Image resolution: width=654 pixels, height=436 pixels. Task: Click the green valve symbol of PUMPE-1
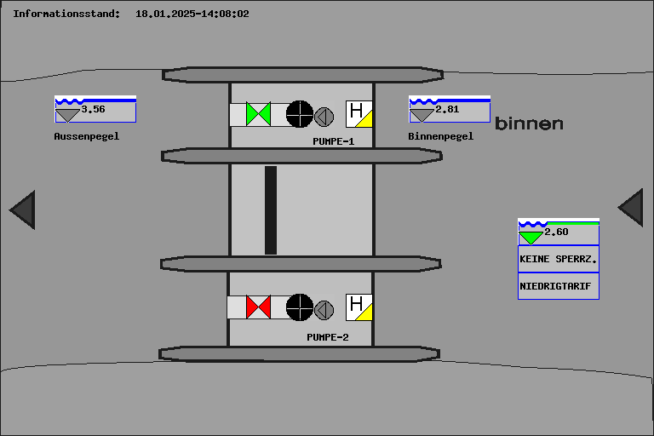258,113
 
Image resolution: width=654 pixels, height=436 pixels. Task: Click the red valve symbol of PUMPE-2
258,307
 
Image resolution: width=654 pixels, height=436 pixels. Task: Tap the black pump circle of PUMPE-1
299,113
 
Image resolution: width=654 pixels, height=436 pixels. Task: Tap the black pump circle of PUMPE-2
299,307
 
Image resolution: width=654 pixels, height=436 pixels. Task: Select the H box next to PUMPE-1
359,114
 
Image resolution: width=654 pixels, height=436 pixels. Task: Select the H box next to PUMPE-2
359,307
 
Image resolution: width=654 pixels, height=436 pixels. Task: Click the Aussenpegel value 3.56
94,109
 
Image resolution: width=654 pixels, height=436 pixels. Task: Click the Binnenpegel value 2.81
447,109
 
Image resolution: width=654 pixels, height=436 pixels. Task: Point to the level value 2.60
556,232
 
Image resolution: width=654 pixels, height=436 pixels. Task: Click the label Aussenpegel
87,136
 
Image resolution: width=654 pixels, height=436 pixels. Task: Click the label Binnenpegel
440,136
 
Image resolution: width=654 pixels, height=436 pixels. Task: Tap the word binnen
529,123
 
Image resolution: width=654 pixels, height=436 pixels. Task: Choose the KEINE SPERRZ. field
558,259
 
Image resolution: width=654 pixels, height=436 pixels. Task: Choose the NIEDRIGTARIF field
558,286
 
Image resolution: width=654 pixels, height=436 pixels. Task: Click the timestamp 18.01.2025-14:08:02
192,14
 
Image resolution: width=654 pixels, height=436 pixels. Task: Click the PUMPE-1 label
334,141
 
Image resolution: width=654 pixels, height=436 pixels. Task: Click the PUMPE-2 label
328,337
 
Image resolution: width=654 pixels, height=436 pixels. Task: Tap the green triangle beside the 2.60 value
531,237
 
